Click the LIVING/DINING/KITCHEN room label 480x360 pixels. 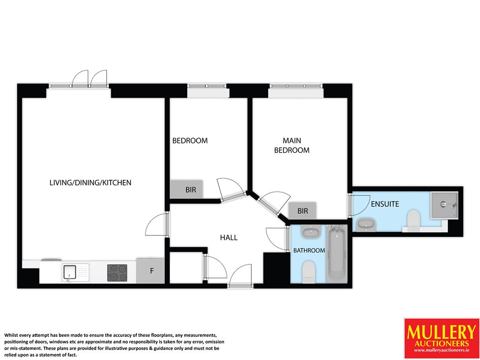(x=90, y=183)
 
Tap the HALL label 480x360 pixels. (x=229, y=237)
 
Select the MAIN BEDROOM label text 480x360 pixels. (x=292, y=145)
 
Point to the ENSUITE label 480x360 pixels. (x=385, y=204)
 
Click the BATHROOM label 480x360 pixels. (x=309, y=250)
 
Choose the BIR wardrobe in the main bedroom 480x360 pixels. (x=302, y=210)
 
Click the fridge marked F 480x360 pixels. (x=151, y=271)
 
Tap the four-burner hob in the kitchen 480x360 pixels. (x=117, y=273)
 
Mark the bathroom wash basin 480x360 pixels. (x=311, y=232)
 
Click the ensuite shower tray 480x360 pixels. (x=444, y=205)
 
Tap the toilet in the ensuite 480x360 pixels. (x=414, y=220)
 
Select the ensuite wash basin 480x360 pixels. (x=366, y=224)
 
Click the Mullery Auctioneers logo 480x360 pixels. (x=442, y=338)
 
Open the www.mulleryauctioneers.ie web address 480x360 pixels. (x=441, y=350)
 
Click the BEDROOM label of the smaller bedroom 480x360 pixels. (x=190, y=140)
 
